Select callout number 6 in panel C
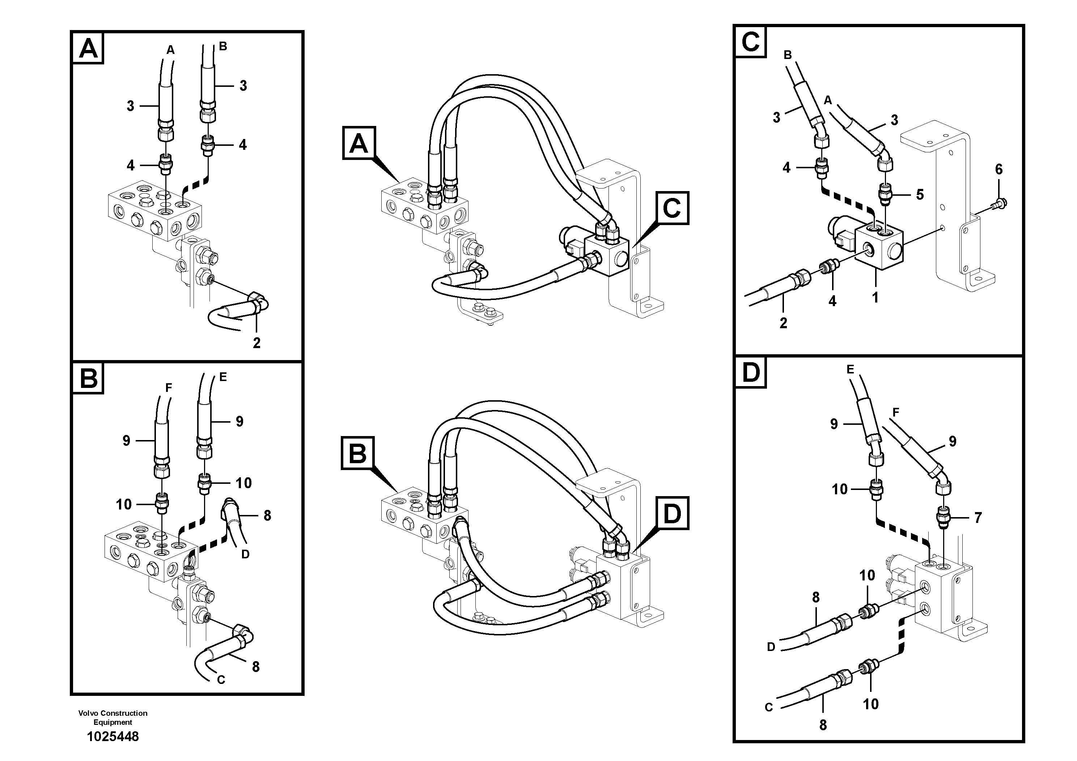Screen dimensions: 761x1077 point(998,169)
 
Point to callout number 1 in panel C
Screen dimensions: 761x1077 point(875,297)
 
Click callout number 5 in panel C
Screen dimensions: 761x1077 point(920,194)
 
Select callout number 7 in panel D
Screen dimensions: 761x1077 point(978,517)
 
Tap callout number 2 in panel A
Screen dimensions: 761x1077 point(256,343)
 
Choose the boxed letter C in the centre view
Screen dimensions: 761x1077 point(672,208)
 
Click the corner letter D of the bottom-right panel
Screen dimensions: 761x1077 point(751,373)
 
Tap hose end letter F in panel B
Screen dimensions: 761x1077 point(169,388)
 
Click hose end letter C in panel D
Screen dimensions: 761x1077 point(769,707)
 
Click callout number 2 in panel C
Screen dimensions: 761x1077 point(783,323)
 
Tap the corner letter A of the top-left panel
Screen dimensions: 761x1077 point(88,48)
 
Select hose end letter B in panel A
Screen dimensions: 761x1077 point(223,46)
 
